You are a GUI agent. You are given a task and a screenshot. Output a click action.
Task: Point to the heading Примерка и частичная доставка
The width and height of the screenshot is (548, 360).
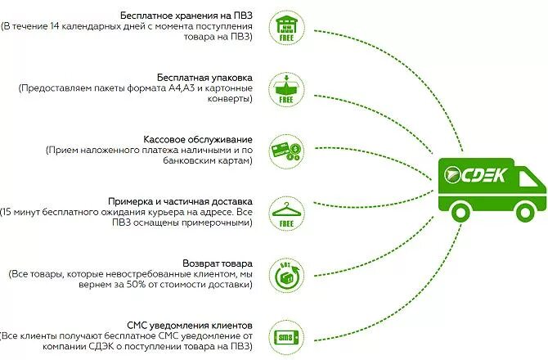(x=180, y=200)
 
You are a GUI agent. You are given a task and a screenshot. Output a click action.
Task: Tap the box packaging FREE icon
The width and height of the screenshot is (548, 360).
(x=287, y=88)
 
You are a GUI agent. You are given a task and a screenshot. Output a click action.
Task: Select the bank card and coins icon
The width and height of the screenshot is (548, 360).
(x=287, y=149)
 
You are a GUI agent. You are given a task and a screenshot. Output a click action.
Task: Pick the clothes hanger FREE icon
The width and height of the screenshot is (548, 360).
(x=287, y=210)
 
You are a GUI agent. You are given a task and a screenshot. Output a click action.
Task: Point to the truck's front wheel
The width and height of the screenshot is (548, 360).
(x=519, y=213)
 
